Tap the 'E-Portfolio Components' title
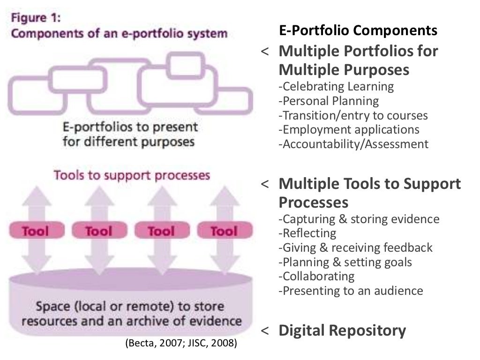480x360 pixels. [358, 30]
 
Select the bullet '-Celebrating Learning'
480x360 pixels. [336, 87]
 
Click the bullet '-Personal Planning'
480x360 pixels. [329, 101]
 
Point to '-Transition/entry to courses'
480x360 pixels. [353, 115]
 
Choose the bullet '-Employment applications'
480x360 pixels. [349, 129]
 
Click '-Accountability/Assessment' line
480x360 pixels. [353, 144]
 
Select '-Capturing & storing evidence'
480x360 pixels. [359, 219]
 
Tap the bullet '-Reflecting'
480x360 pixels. [307, 233]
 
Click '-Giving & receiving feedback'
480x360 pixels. [355, 247]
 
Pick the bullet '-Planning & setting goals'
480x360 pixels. [345, 262]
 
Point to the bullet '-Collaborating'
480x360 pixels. [316, 276]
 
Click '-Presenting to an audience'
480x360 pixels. [351, 291]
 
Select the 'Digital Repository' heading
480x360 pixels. [342, 330]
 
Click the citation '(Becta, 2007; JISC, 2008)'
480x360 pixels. [181, 344]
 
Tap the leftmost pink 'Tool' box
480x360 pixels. [36, 231]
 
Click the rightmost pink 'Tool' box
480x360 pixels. [224, 231]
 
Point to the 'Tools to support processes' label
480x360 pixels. [132, 175]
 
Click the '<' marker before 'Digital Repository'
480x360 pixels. [265, 331]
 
